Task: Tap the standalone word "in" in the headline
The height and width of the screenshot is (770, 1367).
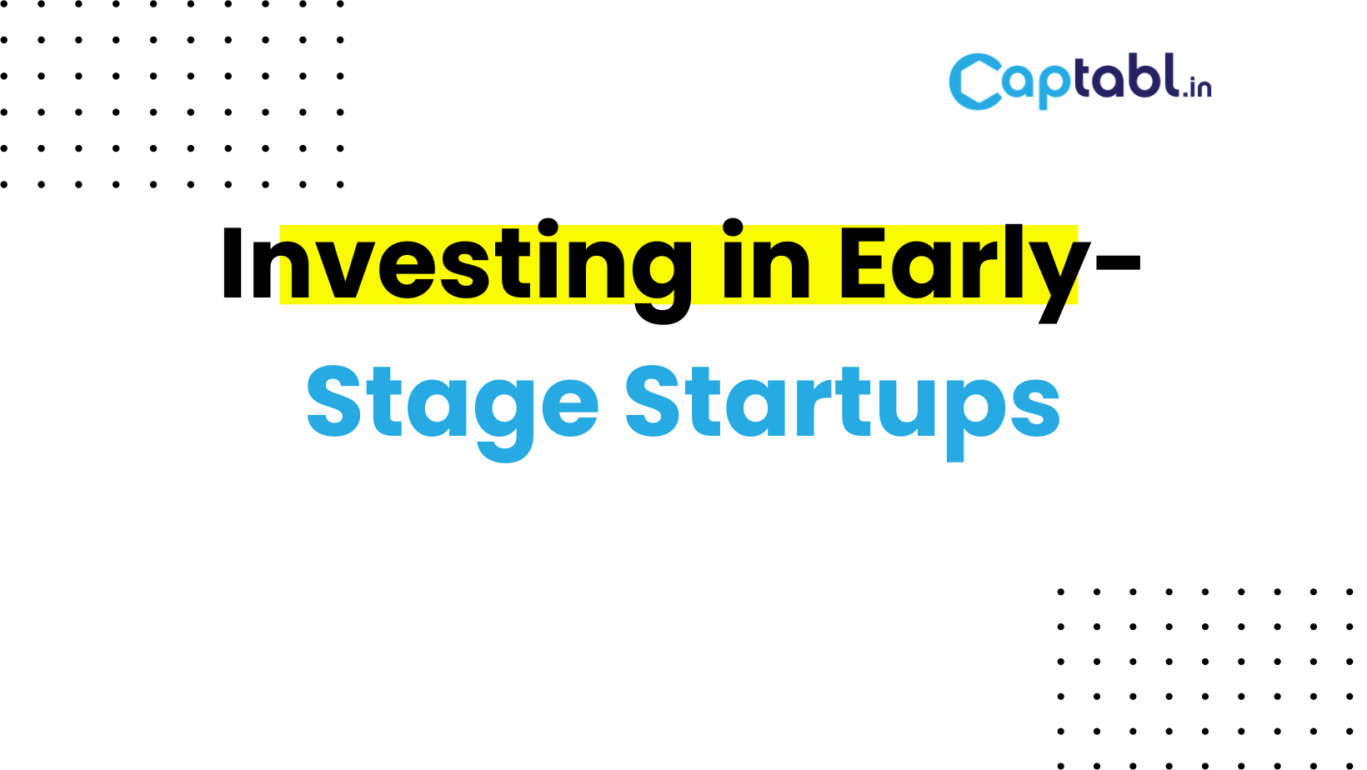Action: click(767, 259)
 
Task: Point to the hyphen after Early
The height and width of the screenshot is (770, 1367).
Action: click(1118, 263)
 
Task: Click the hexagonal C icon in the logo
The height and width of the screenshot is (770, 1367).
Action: click(975, 82)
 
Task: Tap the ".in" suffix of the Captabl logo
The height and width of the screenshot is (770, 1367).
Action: click(1196, 86)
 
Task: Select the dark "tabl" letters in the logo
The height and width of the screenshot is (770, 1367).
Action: click(1127, 76)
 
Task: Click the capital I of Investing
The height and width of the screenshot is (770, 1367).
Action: click(233, 263)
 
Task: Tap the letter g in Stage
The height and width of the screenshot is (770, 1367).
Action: click(504, 421)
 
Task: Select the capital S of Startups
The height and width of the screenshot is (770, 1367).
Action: click(653, 402)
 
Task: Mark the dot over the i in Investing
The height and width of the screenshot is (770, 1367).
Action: click(548, 227)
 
